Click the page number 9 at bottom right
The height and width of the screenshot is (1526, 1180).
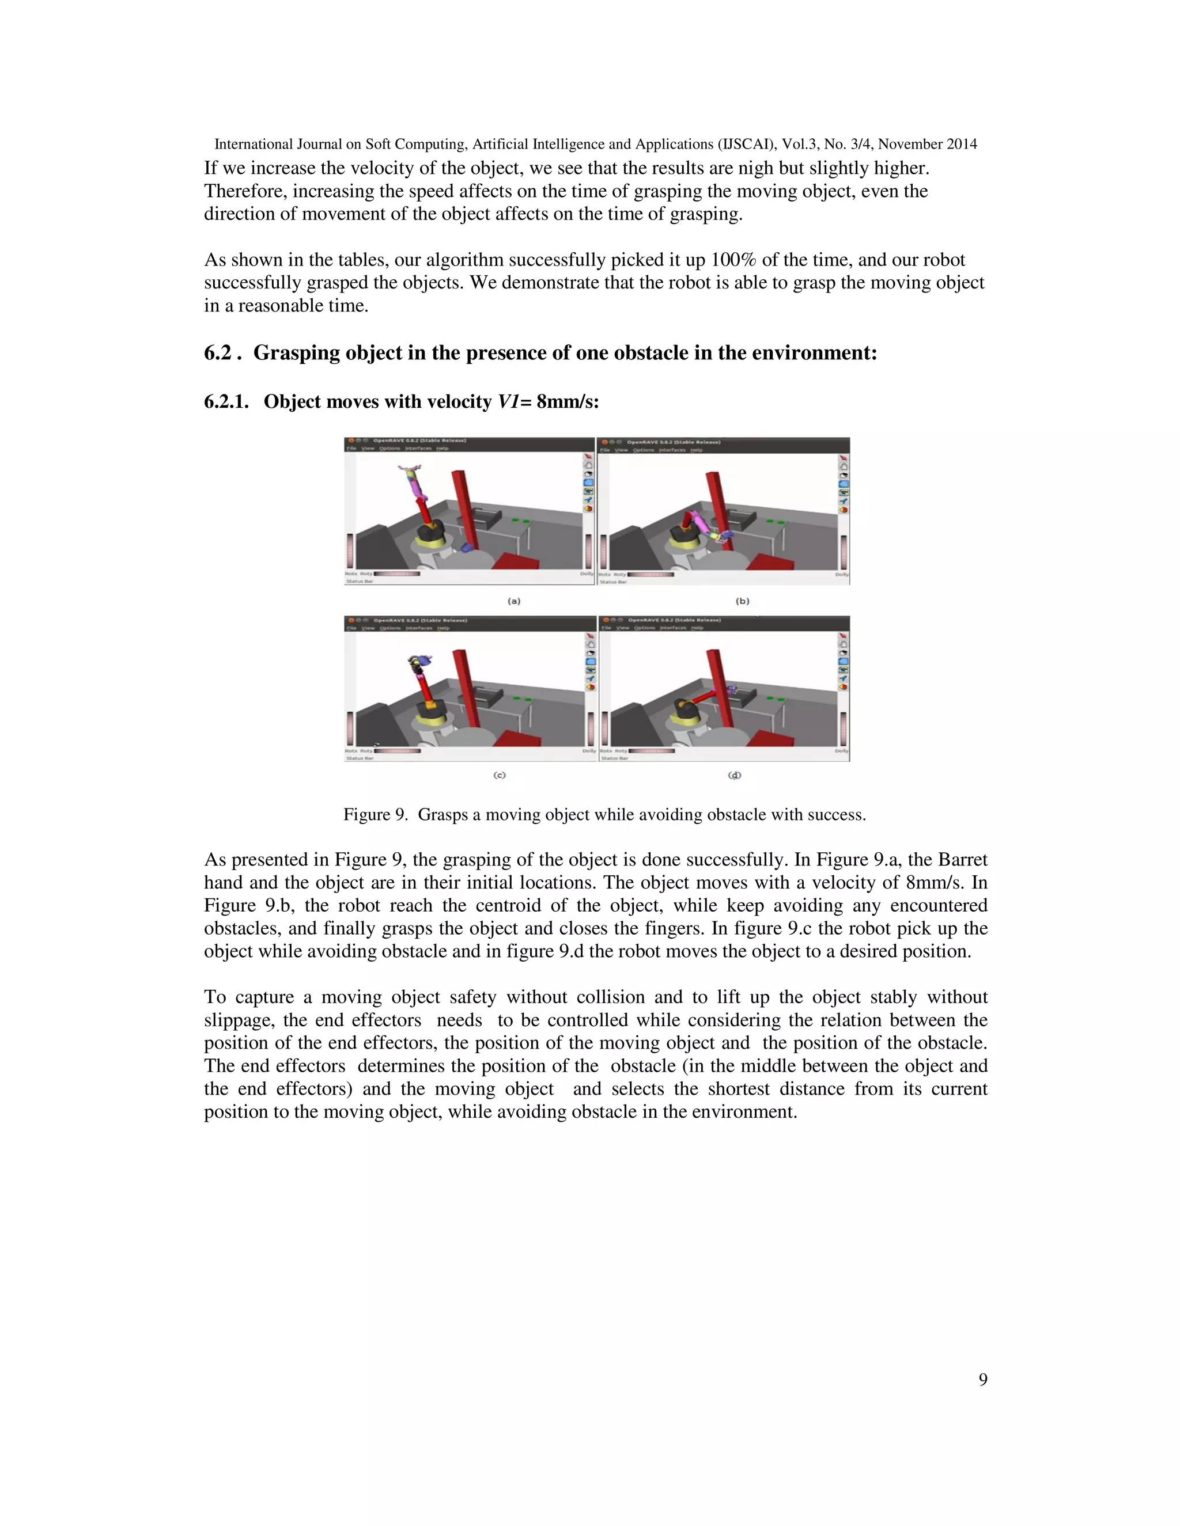click(983, 1380)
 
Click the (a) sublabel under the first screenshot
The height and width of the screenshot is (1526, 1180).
click(514, 601)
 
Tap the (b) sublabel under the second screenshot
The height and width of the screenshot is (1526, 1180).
click(742, 601)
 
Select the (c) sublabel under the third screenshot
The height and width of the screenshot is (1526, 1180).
click(499, 775)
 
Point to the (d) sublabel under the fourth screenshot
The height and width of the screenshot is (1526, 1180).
click(735, 775)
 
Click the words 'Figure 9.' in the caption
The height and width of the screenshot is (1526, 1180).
click(375, 815)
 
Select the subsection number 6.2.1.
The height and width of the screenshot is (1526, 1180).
click(226, 402)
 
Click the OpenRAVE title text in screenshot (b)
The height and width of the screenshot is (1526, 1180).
click(673, 442)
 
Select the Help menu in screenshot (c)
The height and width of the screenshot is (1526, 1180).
click(443, 628)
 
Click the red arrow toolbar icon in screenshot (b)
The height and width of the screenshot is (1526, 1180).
click(843, 457)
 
